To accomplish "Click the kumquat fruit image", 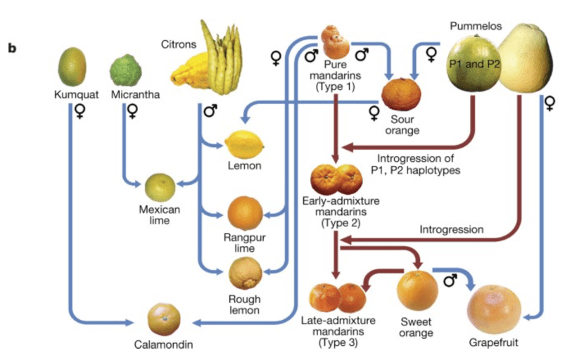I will pyautogui.click(x=72, y=67).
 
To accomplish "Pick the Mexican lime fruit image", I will pyautogui.click(x=160, y=187).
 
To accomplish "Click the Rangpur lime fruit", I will pyautogui.click(x=244, y=212).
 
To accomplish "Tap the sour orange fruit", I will pyautogui.click(x=402, y=95).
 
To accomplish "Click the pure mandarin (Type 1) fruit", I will pyautogui.click(x=335, y=42).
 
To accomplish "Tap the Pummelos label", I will pyautogui.click(x=476, y=25).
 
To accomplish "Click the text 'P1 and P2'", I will pyautogui.click(x=473, y=63).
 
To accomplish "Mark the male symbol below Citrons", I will pyautogui.click(x=210, y=110).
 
